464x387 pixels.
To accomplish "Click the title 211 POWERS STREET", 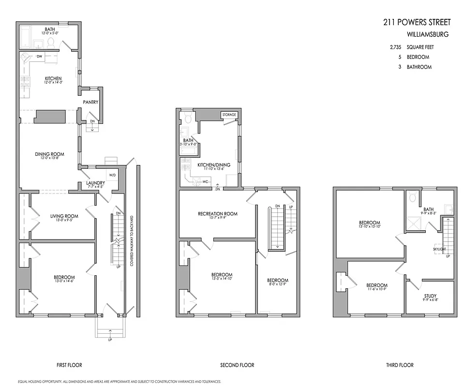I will pyautogui.click(x=416, y=22).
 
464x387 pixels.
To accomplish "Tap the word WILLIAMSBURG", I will pyautogui.click(x=428, y=35).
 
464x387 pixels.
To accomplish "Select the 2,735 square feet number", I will pyautogui.click(x=396, y=47).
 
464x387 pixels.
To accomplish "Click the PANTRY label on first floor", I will pyautogui.click(x=90, y=102).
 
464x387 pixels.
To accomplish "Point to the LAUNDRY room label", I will pyautogui.click(x=95, y=183).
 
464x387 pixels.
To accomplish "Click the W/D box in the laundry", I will pyautogui.click(x=113, y=175).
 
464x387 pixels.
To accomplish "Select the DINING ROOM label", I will pyautogui.click(x=49, y=154).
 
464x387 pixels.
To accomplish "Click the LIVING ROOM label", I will pyautogui.click(x=64, y=216).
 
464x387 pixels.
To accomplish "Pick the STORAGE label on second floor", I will pyautogui.click(x=229, y=115).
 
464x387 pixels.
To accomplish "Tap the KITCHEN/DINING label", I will pyautogui.click(x=213, y=165).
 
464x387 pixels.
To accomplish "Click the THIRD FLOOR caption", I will pyautogui.click(x=399, y=365).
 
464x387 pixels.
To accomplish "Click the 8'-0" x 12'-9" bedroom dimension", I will pyautogui.click(x=278, y=285).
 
